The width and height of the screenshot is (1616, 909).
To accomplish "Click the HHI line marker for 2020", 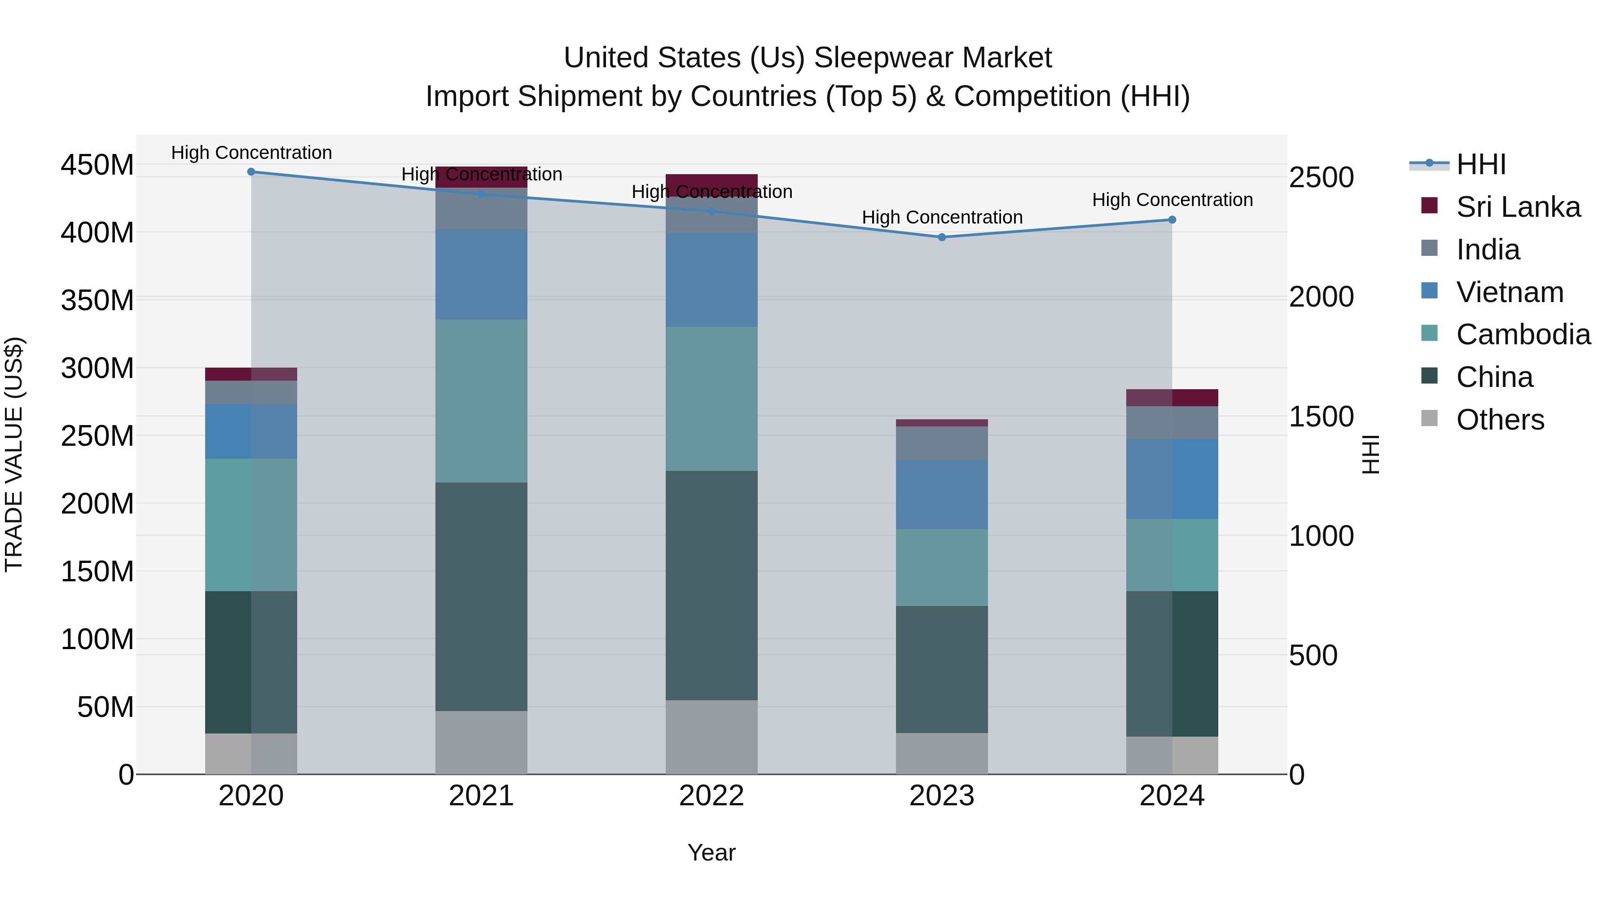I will tap(251, 171).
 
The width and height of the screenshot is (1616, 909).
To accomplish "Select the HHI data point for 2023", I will tap(942, 237).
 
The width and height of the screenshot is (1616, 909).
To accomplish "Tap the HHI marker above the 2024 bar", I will tap(1172, 220).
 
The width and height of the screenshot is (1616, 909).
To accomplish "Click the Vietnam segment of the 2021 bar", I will tap(481, 274).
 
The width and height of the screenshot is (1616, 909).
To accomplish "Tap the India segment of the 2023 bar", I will tap(942, 443).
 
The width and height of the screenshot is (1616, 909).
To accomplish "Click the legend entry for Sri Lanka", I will tap(1518, 207).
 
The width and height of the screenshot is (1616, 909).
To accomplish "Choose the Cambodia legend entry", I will tap(1523, 334).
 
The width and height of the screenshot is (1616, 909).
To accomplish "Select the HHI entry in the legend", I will tap(1480, 164).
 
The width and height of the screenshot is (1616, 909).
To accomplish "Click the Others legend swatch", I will tap(1429, 418).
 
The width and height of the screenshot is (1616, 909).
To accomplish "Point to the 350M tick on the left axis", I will tap(97, 300).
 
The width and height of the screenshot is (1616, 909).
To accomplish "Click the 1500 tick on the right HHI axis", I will tap(1321, 417).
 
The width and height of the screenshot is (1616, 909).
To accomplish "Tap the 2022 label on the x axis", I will tap(711, 796).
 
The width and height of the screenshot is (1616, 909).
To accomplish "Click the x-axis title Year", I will tap(711, 852).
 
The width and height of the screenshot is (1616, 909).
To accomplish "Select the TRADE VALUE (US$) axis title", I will tap(14, 454).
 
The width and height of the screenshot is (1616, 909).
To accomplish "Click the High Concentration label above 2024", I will tap(1172, 199).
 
